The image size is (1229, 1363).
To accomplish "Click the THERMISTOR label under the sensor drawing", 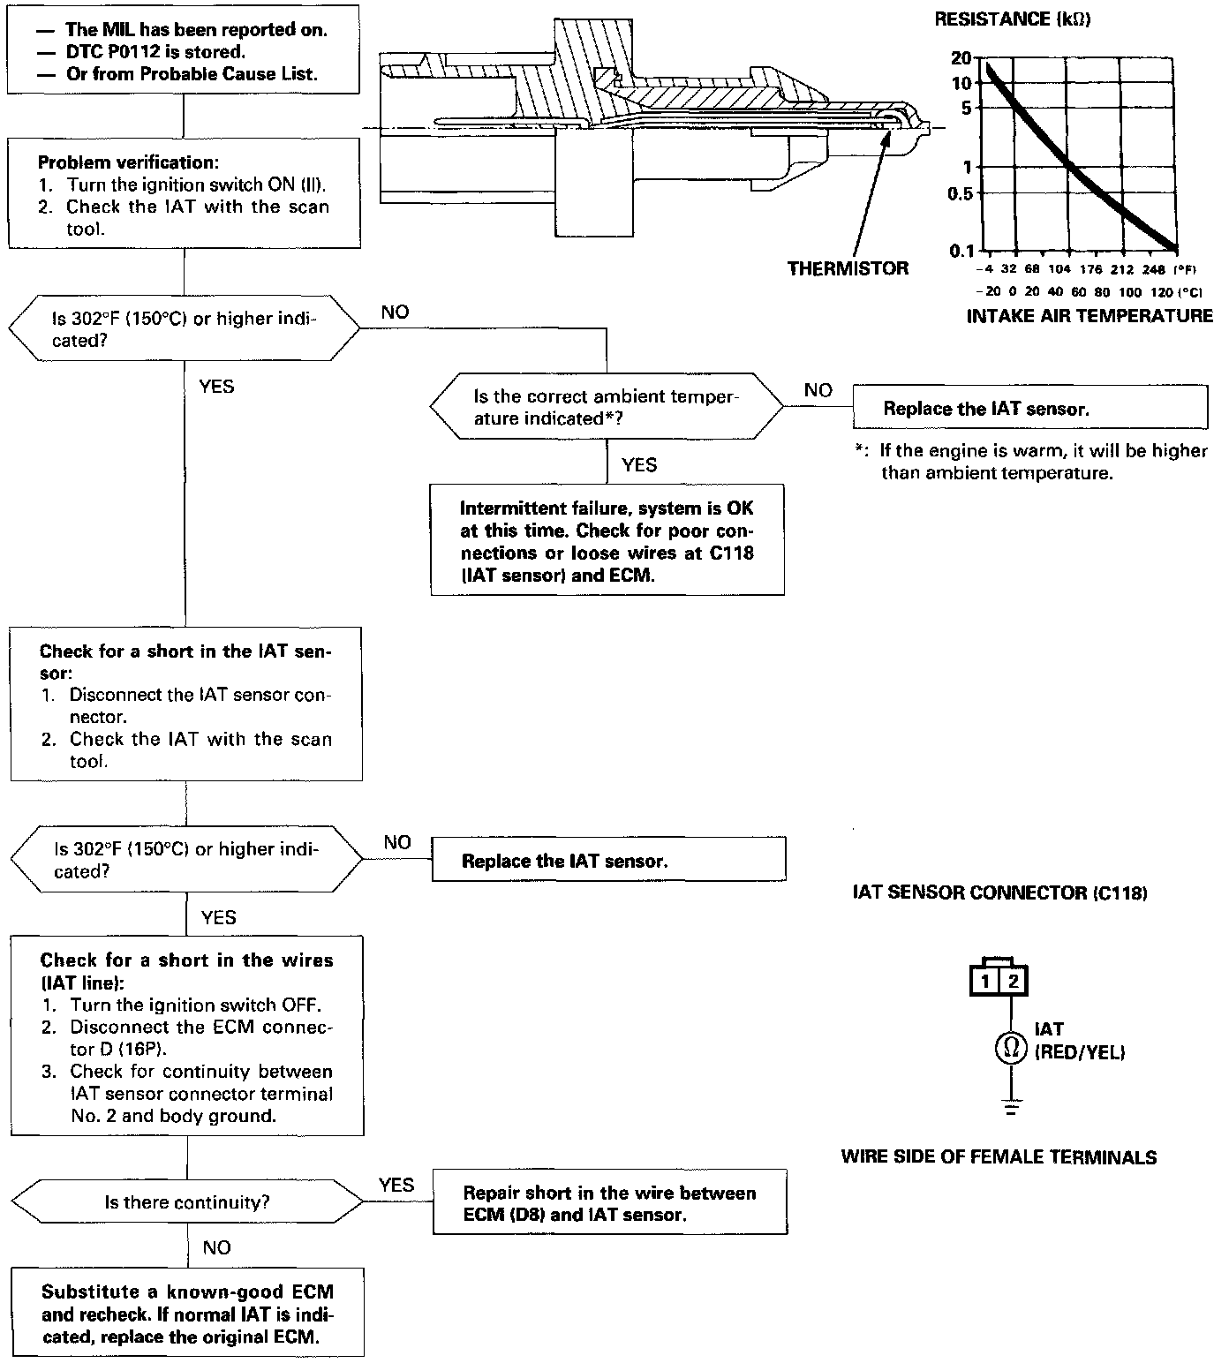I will pos(848,268).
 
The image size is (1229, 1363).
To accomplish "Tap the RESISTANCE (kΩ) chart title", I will pos(1012,19).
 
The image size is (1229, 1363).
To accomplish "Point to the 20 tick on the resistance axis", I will pos(961,57).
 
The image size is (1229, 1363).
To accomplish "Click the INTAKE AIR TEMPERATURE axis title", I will pos(1090,316).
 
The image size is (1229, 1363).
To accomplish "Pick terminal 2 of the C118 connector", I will pos(1014,981).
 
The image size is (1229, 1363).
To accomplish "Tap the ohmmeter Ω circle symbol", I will pos(1012,1048).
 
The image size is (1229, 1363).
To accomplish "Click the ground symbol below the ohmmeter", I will pos(1012,1107).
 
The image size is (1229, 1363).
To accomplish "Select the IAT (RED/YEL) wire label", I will pos(1079,1041).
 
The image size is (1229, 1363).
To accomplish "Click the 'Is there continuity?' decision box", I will pos(187,1202).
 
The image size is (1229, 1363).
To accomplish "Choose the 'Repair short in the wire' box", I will pos(610,1203).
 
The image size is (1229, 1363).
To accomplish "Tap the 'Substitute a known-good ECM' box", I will pos(187,1314).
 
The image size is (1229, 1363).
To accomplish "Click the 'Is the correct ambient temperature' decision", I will pos(607,408).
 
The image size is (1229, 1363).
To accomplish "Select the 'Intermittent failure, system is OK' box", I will pos(607,540).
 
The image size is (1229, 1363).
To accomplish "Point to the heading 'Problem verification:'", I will pos(128,162).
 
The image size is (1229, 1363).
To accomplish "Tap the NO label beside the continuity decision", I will pos(216,1247).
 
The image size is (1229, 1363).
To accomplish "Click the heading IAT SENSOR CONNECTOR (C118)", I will pos(999,893).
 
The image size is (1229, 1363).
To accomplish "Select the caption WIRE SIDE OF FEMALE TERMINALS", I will pos(999,1157).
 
